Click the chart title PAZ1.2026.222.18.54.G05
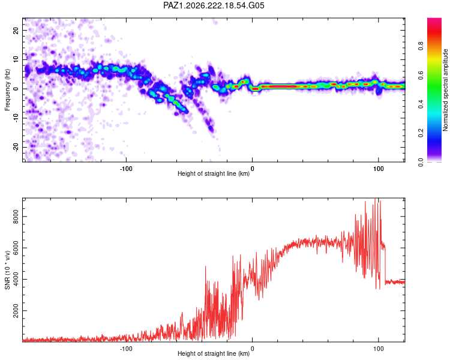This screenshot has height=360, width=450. pos(214,5)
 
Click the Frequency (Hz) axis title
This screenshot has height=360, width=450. pos(7,90)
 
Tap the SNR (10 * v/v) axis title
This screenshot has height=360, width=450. pos(7,270)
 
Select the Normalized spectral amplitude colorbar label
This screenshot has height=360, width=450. pos(445,90)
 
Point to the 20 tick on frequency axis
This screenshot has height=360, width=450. pos(16,31)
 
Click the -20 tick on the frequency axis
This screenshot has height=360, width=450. pos(16,148)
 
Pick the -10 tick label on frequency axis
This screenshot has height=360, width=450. pos(16,118)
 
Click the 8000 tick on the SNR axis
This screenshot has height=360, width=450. pos(16,217)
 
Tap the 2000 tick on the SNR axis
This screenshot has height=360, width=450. pos(16,311)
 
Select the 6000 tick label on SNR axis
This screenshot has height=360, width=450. pos(16,248)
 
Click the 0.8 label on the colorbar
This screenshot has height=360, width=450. pos(421,46)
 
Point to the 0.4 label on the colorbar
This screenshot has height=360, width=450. pos(421,104)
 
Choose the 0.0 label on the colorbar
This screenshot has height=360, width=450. pos(421,163)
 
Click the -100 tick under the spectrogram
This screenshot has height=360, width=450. pos(126,169)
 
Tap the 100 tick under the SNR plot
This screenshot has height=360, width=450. pos(379,349)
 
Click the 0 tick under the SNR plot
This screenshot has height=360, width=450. pos(252,349)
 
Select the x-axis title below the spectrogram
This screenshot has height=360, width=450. pos(214,173)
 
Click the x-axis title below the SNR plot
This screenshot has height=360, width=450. pos(214,353)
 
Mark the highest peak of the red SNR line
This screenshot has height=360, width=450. pos(375,199)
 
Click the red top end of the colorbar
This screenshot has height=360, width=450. pos(434,19)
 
